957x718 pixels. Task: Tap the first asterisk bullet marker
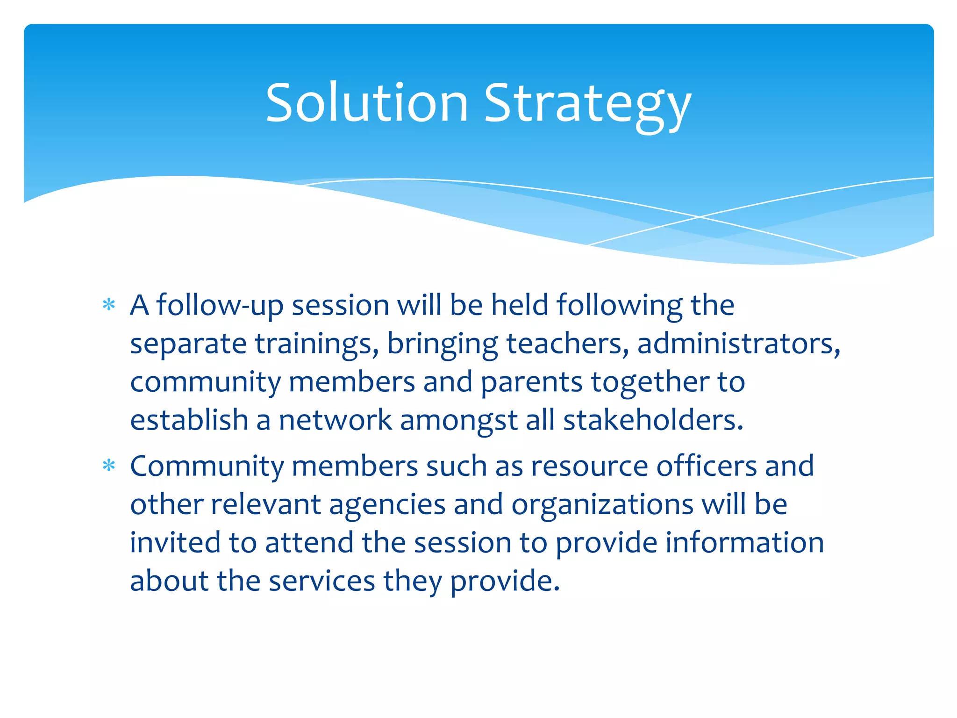click(109, 305)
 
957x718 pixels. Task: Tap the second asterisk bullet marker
click(109, 466)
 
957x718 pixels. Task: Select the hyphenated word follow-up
click(220, 306)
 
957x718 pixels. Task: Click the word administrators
click(738, 344)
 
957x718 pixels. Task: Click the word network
click(335, 420)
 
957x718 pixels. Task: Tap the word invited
click(175, 543)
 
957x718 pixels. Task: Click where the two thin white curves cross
click(700, 217)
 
